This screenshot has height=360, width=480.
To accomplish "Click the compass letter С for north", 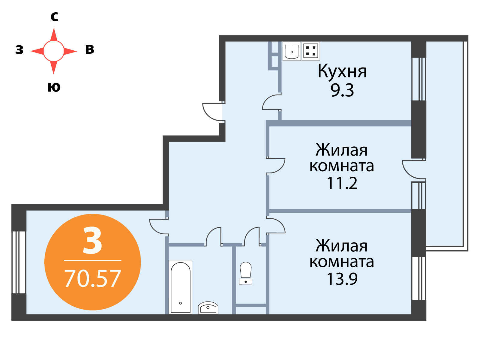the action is click(x=55, y=16).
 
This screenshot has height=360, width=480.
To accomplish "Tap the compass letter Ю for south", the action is click(x=54, y=87).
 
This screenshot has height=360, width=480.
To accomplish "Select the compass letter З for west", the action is click(x=19, y=49).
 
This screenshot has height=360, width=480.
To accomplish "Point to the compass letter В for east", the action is click(x=90, y=49).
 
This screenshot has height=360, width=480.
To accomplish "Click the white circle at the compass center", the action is click(x=54, y=51).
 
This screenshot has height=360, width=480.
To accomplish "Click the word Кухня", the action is click(x=342, y=71).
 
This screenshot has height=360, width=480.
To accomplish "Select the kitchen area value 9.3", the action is click(x=342, y=90).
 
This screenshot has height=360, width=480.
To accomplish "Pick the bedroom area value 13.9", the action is click(x=342, y=279).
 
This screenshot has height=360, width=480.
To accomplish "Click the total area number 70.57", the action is click(x=92, y=278).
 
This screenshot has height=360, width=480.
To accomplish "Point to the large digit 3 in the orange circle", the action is click(x=92, y=240).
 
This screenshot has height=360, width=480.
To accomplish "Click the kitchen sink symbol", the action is click(x=292, y=51).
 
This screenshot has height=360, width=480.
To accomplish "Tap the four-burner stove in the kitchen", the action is click(x=311, y=51).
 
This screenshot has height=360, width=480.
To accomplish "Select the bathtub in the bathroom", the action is click(x=180, y=287).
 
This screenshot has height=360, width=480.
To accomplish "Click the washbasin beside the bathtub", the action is click(x=208, y=308).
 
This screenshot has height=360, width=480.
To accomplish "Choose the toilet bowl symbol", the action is click(x=246, y=273).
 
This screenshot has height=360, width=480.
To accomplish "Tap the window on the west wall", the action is click(x=19, y=262).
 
